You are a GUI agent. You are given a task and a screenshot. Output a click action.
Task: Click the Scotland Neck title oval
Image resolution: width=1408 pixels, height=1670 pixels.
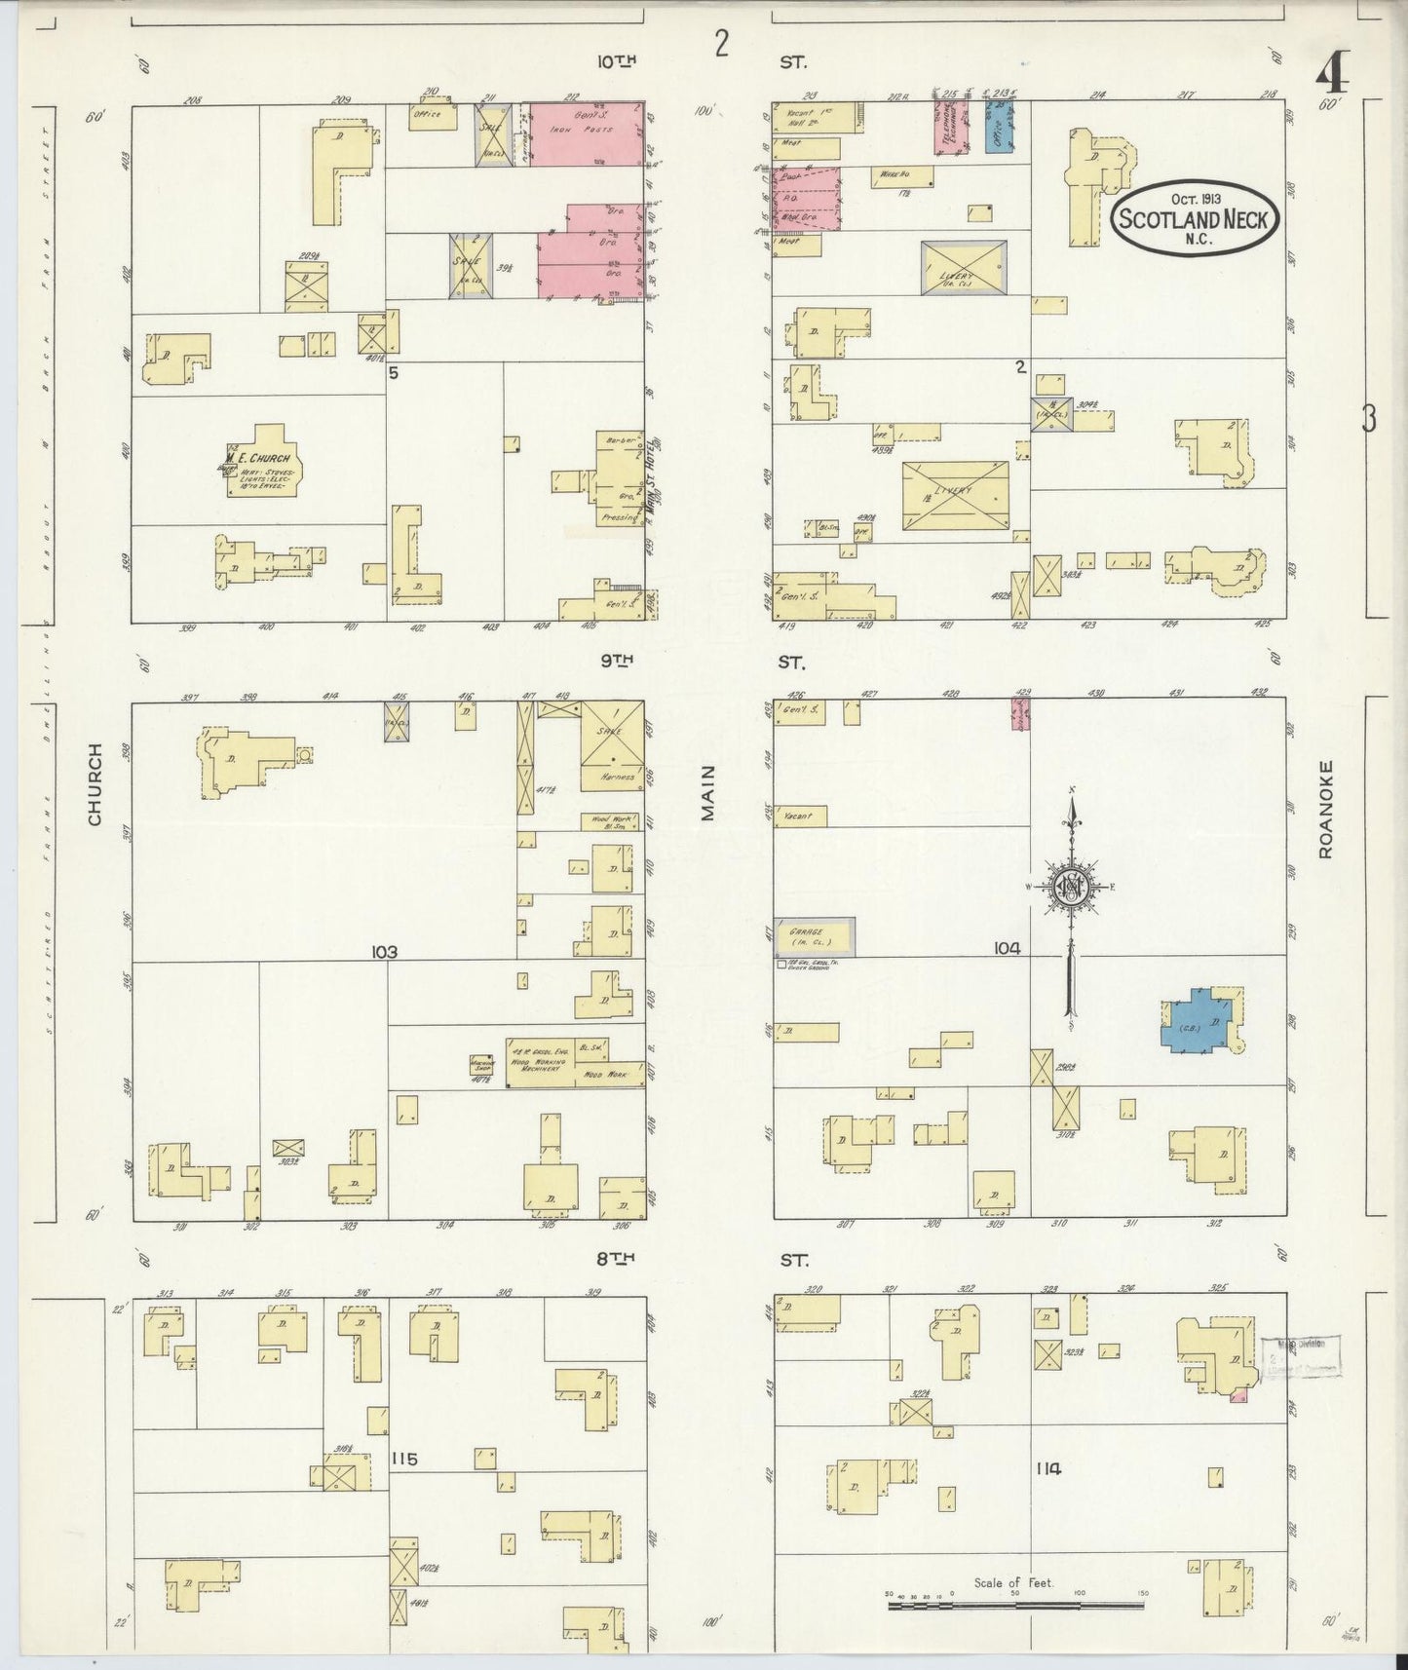(x=1194, y=218)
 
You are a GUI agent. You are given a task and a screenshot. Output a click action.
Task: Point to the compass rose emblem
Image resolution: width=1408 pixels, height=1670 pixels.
(x=1070, y=886)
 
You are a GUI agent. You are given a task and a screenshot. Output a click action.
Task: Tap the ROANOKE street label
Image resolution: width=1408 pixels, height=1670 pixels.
(x=1325, y=809)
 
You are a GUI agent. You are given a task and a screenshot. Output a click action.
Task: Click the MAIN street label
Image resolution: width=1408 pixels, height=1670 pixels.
(x=708, y=792)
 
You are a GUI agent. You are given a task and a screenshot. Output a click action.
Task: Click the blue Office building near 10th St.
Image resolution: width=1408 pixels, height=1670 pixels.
(x=999, y=129)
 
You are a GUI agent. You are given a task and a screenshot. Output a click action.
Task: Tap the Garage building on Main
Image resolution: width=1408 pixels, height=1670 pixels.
(x=816, y=937)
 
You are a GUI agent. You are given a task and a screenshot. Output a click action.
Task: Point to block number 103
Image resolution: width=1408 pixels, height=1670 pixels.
(x=384, y=952)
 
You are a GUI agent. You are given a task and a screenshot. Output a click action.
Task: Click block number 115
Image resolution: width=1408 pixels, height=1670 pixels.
(x=404, y=1459)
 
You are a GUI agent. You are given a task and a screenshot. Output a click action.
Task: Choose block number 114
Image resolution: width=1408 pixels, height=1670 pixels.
(x=1048, y=1468)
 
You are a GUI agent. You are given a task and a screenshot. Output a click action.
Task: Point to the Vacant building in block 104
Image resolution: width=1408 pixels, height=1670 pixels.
(x=800, y=816)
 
